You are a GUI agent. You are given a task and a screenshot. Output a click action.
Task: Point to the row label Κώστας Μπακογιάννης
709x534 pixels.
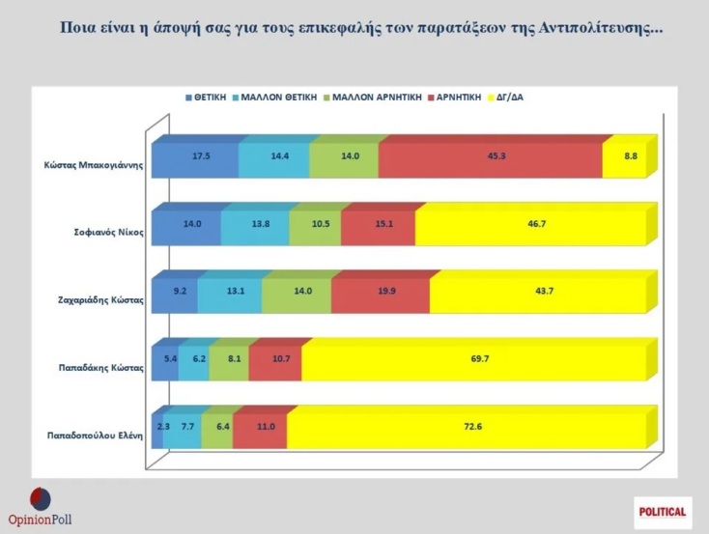click(x=96, y=164)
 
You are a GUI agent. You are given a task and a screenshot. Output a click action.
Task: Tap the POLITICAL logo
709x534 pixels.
click(x=663, y=512)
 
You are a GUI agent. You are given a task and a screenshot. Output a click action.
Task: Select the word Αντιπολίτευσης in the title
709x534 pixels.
click(x=595, y=26)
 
